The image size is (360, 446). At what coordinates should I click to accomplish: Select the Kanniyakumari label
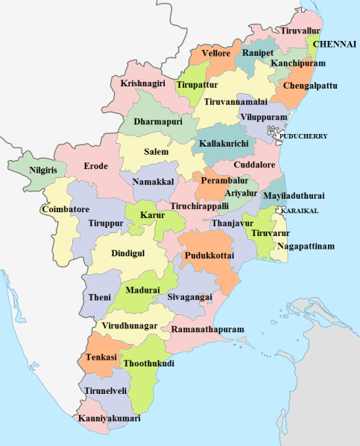pos(110,419)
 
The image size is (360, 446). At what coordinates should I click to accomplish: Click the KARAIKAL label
pos(300,211)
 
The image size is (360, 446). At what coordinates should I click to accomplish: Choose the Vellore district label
pos(215,54)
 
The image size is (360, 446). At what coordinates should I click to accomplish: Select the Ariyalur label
pos(230,192)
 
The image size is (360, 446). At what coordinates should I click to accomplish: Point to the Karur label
pos(152,215)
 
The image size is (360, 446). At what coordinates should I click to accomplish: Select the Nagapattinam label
pos(306,246)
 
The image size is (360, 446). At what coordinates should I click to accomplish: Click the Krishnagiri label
pos(144,83)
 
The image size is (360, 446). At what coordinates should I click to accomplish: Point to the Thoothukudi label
pos(148,363)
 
